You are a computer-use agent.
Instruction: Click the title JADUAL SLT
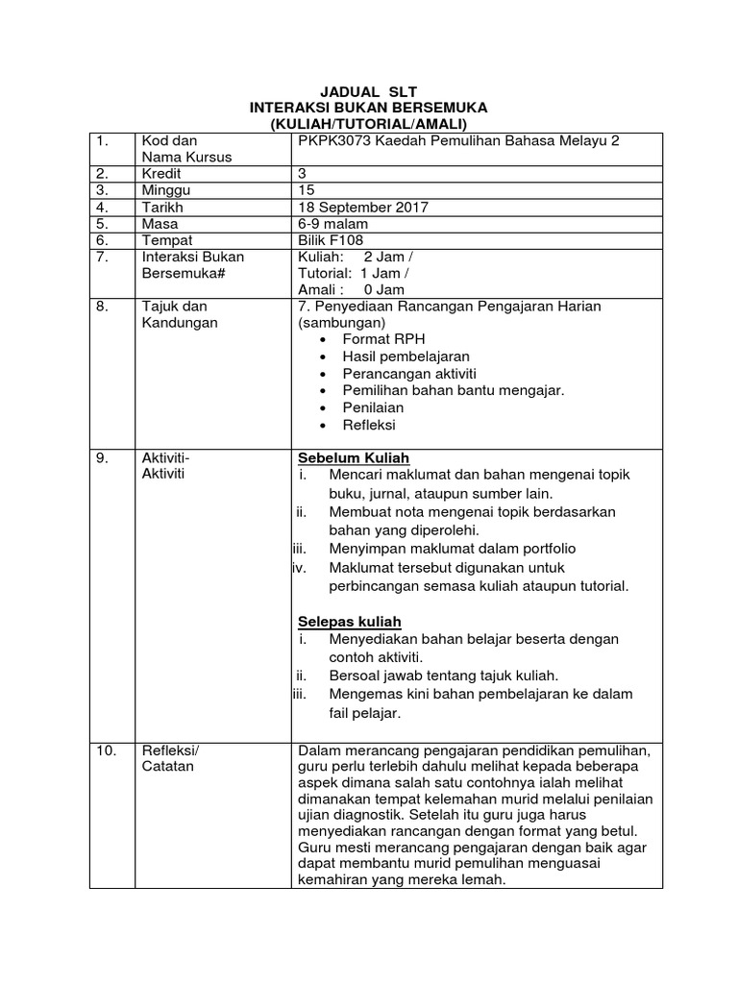tap(368, 91)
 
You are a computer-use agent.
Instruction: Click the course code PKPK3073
tap(330, 140)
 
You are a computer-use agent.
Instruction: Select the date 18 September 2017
tap(363, 207)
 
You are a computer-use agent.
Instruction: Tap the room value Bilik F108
tap(332, 240)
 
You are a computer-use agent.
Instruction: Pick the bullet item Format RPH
tap(383, 339)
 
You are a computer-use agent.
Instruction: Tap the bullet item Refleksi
tap(369, 425)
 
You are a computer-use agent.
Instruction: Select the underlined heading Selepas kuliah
tap(350, 622)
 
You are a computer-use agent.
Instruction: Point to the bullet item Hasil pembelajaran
tap(406, 357)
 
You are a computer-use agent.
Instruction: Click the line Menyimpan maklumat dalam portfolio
tap(452, 549)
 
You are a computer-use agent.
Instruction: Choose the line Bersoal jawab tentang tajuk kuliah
tap(443, 676)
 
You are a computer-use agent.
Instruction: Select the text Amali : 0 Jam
tap(352, 289)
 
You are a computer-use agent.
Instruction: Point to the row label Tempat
tap(165, 240)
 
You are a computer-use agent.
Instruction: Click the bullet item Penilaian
tap(373, 407)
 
